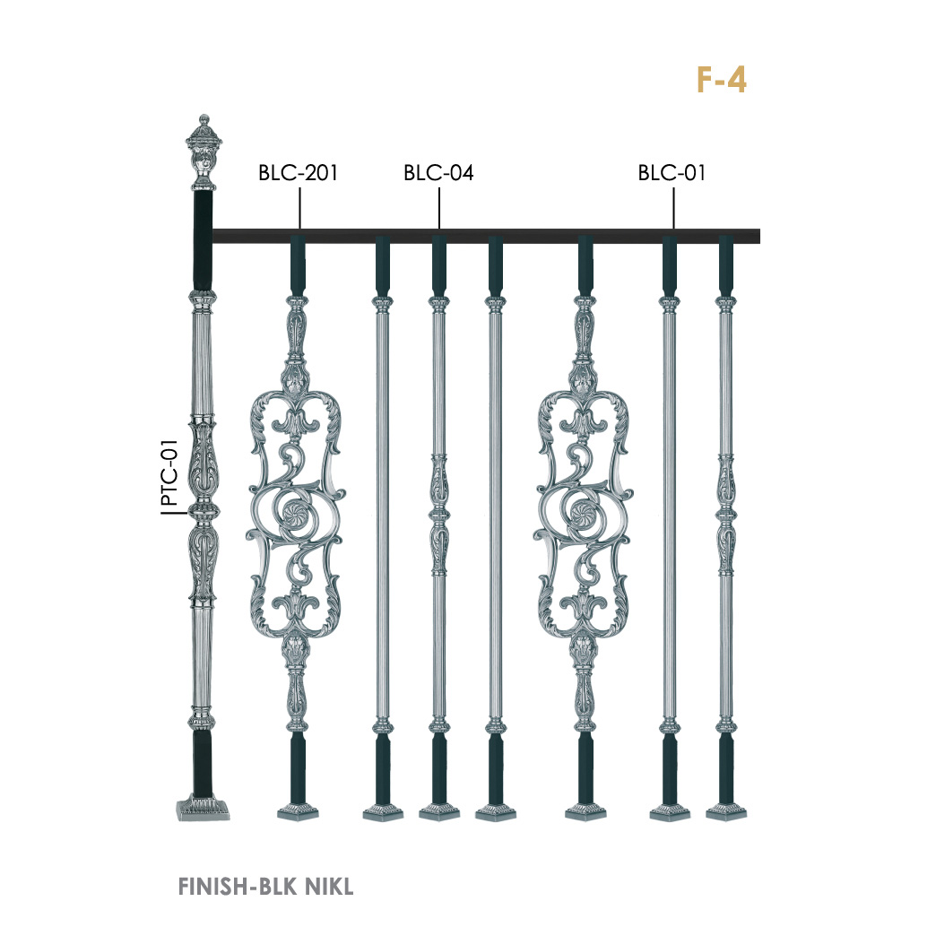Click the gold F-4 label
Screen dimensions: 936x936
click(x=721, y=80)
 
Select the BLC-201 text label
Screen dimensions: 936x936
click(x=298, y=173)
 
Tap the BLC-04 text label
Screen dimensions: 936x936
click(x=438, y=173)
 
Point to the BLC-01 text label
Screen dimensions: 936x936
click(x=672, y=173)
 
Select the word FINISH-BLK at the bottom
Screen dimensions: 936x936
click(x=230, y=888)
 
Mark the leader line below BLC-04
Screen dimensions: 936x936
click(x=438, y=207)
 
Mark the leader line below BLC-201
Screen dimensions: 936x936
click(x=299, y=207)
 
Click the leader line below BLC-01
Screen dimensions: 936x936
click(x=673, y=207)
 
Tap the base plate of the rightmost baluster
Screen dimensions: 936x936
click(x=726, y=813)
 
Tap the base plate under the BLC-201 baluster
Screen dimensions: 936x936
click(x=299, y=813)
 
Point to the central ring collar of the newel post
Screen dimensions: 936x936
click(x=202, y=510)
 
